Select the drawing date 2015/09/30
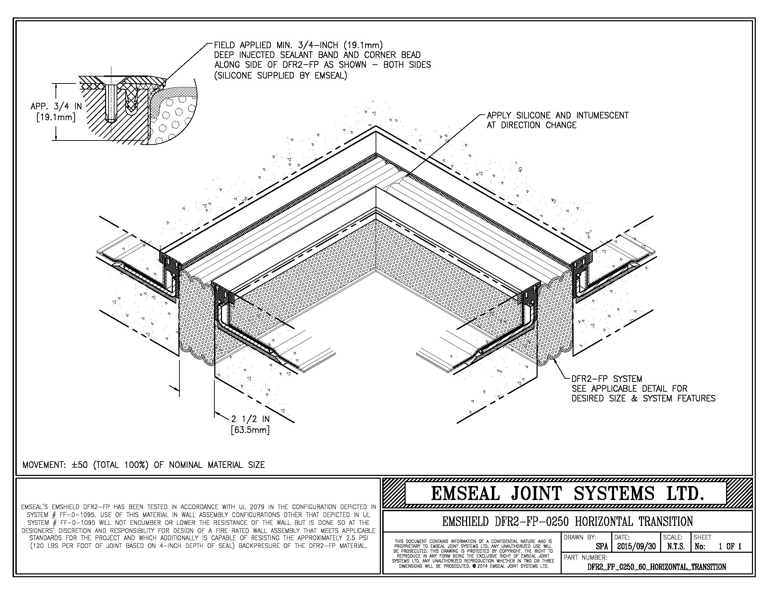coord(636,546)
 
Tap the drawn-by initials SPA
coord(602,547)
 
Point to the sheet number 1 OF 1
coord(730,546)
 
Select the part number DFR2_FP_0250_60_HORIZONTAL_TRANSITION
coord(657,567)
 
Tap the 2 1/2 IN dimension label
coord(250,419)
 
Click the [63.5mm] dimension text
coord(250,430)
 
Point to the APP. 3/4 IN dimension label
coord(56,106)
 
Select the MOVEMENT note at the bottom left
coord(143,465)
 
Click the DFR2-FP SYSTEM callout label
coord(607,379)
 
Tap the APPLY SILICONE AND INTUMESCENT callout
coord(557,115)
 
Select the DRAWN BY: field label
coord(580,537)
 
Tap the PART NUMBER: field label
coord(585,557)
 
